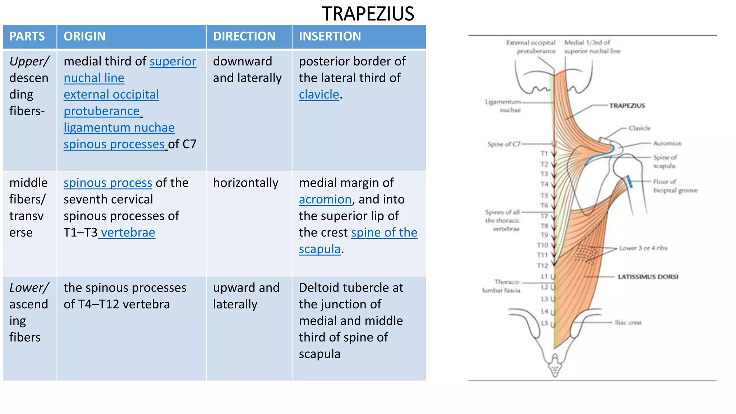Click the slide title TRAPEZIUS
coord(368,14)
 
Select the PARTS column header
coord(27,36)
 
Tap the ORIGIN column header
coord(84,36)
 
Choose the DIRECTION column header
coord(244,36)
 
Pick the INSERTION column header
coord(330,36)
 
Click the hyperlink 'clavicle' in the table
coord(319,95)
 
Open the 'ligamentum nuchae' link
coord(119,128)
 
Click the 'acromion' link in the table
coord(325,199)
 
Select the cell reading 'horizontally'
coord(245,183)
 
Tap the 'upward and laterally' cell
coord(246,296)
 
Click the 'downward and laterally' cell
coord(247,70)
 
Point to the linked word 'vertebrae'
coord(128,233)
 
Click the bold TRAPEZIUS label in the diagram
coord(627,106)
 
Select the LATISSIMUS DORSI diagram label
coord(648,277)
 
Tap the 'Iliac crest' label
coord(628,323)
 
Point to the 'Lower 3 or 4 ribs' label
coord(643,248)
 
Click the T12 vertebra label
coord(542,266)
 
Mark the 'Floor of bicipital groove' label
coord(675,186)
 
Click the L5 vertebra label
coord(544,323)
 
